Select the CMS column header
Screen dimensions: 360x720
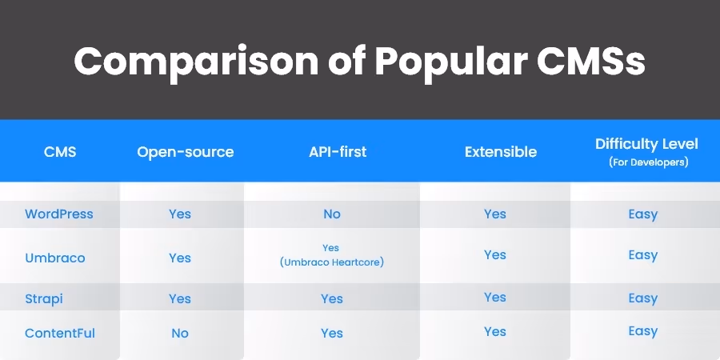[x=60, y=151]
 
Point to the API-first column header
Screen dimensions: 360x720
[x=331, y=151]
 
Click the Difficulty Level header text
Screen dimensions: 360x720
[x=646, y=144]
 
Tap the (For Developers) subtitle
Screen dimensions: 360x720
[x=646, y=162]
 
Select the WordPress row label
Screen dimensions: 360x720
[x=59, y=214]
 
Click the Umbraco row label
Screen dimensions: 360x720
[x=55, y=258]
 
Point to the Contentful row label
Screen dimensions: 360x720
[x=59, y=333]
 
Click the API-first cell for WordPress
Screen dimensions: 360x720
[x=332, y=214]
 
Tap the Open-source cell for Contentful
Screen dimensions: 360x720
[x=180, y=333]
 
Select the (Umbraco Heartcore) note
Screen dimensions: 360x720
[x=332, y=262]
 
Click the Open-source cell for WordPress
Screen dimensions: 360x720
[x=180, y=214]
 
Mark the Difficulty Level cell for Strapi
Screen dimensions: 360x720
[x=642, y=298]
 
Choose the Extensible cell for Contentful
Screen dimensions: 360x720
[x=495, y=331]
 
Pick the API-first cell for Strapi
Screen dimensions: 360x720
[x=332, y=298]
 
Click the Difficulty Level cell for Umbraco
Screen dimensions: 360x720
[x=642, y=255]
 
